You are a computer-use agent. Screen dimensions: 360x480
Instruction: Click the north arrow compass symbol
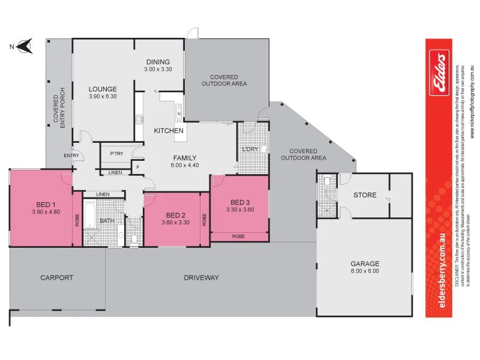[24, 45]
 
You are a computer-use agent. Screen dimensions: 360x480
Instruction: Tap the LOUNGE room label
[103, 89]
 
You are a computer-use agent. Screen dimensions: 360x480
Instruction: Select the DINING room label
[158, 62]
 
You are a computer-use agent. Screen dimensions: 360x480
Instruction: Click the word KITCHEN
[169, 131]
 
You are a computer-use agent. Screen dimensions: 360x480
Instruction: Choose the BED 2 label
[175, 215]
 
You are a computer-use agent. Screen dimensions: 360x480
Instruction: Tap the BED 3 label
[240, 202]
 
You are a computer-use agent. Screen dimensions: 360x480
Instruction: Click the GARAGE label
[365, 263]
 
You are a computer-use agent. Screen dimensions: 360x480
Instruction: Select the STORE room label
[365, 195]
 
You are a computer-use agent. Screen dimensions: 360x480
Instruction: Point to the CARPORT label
[56, 278]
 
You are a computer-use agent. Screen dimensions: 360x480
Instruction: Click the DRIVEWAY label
[201, 278]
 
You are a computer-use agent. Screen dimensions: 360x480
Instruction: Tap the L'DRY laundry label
[250, 149]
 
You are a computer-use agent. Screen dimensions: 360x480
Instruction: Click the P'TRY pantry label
[116, 154]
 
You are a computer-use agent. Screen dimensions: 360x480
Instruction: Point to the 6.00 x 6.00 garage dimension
[365, 271]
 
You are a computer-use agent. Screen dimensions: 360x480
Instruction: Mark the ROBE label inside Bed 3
[238, 236]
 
